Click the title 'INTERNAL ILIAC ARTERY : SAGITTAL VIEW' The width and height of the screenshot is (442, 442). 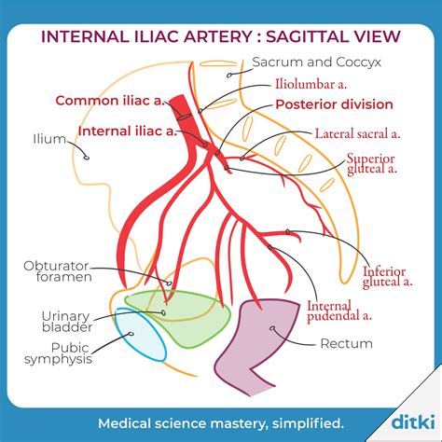[221, 36]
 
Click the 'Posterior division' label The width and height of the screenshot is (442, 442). [334, 104]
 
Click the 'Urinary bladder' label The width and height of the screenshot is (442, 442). [65, 323]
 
